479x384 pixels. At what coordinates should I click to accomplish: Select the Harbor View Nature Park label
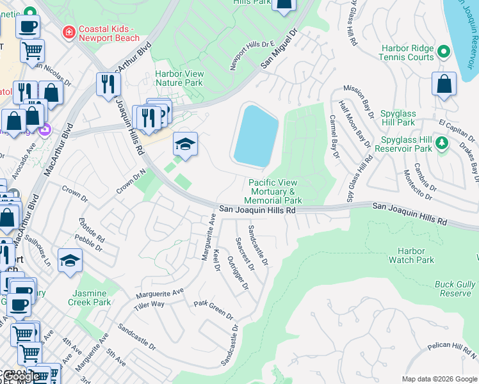[179, 78]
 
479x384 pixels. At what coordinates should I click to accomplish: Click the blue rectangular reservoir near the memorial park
[256, 135]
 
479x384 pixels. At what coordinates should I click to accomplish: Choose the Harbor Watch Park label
[416, 255]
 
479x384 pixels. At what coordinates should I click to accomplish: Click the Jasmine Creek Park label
[90, 297]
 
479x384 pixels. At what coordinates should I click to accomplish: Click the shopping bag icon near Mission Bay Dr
[444, 84]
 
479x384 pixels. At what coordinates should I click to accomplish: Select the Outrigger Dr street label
[238, 272]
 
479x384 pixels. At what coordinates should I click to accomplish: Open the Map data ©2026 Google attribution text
[439, 378]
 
